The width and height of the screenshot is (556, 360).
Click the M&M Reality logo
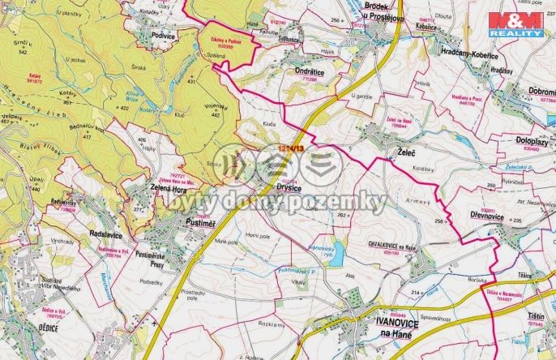click(x=516, y=24)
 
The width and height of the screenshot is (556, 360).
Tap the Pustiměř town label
click(x=199, y=219)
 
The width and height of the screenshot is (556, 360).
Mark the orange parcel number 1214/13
click(x=289, y=148)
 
